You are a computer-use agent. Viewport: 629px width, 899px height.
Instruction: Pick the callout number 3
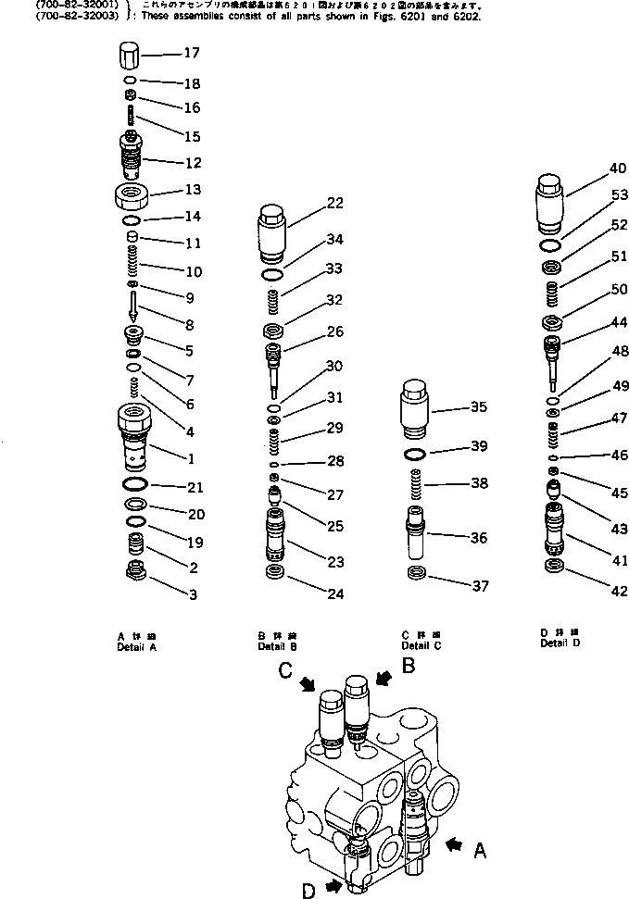(192, 595)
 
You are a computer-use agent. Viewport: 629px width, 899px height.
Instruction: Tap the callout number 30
(333, 365)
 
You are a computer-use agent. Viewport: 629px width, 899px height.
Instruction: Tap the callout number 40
(591, 169)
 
